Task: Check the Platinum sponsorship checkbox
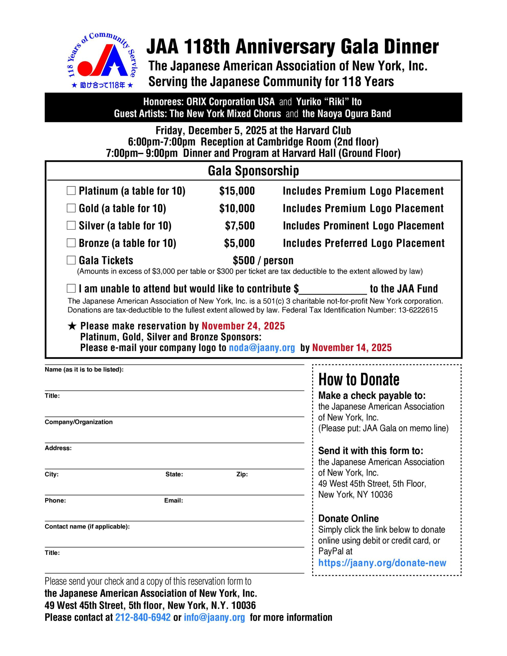[x=71, y=190]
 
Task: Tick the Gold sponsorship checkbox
[x=71, y=208]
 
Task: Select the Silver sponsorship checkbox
[x=71, y=225]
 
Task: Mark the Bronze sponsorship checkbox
[x=71, y=243]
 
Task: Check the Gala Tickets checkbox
[x=71, y=260]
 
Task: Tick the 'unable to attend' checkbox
[x=71, y=288]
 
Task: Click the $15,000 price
[x=237, y=191]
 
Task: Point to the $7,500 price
[x=240, y=226]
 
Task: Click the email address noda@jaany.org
[x=262, y=347]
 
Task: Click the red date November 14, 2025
[x=352, y=347]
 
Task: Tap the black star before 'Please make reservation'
[x=72, y=326]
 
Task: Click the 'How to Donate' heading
[x=359, y=379]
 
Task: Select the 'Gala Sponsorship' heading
[x=253, y=171]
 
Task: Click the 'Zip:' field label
[x=242, y=474]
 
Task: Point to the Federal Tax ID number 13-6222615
[x=418, y=310]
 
